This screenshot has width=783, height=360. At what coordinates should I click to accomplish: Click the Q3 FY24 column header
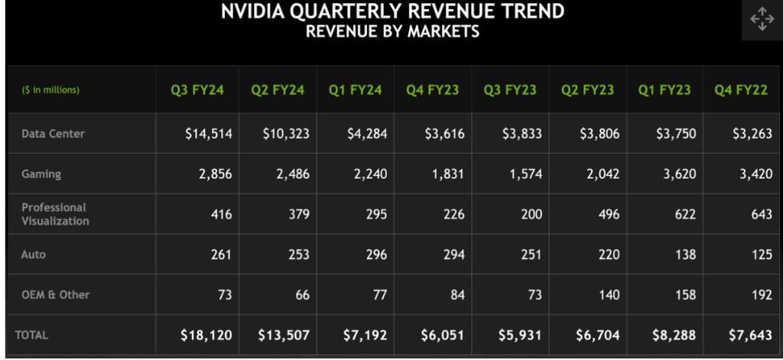tap(197, 89)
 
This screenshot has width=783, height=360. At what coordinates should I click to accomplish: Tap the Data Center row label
tap(53, 134)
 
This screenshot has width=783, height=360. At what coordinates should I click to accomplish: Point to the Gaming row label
tap(41, 174)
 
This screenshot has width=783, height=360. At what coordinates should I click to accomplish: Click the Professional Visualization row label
tap(55, 214)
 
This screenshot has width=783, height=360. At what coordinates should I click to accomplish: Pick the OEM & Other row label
tap(55, 294)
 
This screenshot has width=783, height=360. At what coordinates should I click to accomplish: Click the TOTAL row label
tap(31, 335)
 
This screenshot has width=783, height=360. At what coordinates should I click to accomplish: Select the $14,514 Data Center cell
tap(209, 134)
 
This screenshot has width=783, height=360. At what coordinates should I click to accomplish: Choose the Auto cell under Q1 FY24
tap(375, 255)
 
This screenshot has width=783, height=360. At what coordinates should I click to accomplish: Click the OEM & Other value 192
tap(762, 295)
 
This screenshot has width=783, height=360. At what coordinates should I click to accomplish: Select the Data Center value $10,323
tap(286, 134)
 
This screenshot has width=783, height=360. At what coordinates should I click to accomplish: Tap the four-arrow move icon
tap(762, 19)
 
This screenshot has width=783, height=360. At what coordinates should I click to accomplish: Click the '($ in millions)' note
tap(50, 90)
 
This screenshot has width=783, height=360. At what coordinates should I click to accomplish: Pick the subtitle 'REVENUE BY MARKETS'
tap(392, 31)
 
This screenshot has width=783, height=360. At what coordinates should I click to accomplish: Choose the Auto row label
tap(34, 255)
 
